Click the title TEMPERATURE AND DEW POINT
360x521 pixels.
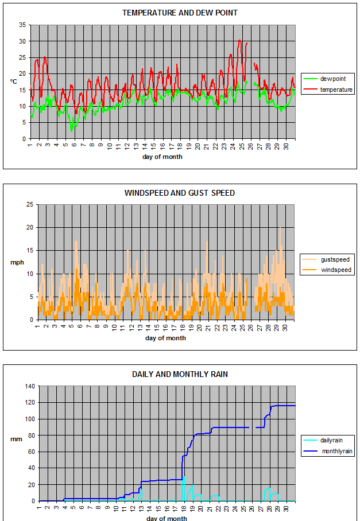[180, 13]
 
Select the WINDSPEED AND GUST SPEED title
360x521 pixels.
[180, 193]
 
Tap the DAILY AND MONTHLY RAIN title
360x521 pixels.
[180, 374]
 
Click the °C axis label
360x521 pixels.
[13, 81]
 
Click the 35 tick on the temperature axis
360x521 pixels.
[22, 25]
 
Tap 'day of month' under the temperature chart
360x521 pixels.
[162, 157]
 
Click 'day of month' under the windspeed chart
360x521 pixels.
[165, 338]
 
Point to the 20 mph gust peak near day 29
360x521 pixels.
[280, 228]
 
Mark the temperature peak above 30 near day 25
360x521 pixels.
[240, 40]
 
